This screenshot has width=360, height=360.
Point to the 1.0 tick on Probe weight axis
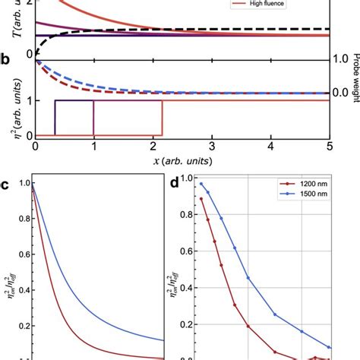tap(343, 59)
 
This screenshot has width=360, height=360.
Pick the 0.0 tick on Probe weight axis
tap(343, 93)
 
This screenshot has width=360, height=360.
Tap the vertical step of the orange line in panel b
tap(163, 118)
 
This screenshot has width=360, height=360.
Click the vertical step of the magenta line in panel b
tap(93, 118)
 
